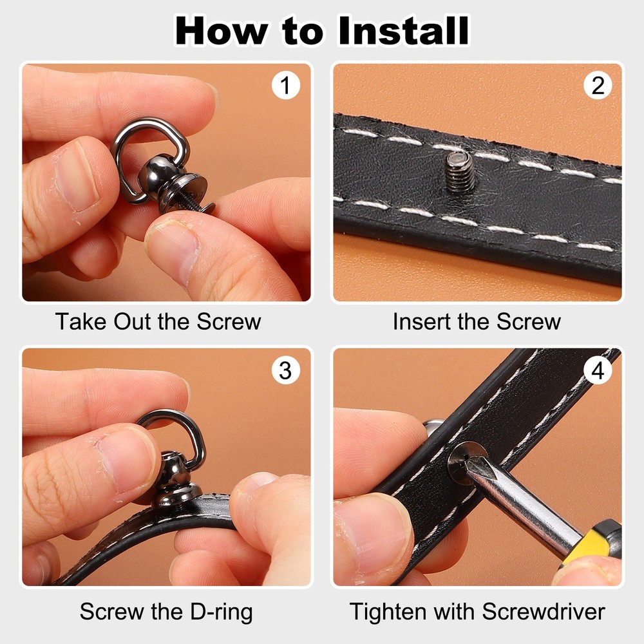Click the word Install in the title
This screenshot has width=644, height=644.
404,30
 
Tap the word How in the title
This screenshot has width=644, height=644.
222,30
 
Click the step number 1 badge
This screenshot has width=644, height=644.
285,86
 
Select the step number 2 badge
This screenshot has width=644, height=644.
598,86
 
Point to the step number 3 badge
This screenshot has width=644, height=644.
285,370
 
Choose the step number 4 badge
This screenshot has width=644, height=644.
598,370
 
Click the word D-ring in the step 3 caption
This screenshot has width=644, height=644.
222,612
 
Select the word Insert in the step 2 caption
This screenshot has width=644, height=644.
421,321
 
